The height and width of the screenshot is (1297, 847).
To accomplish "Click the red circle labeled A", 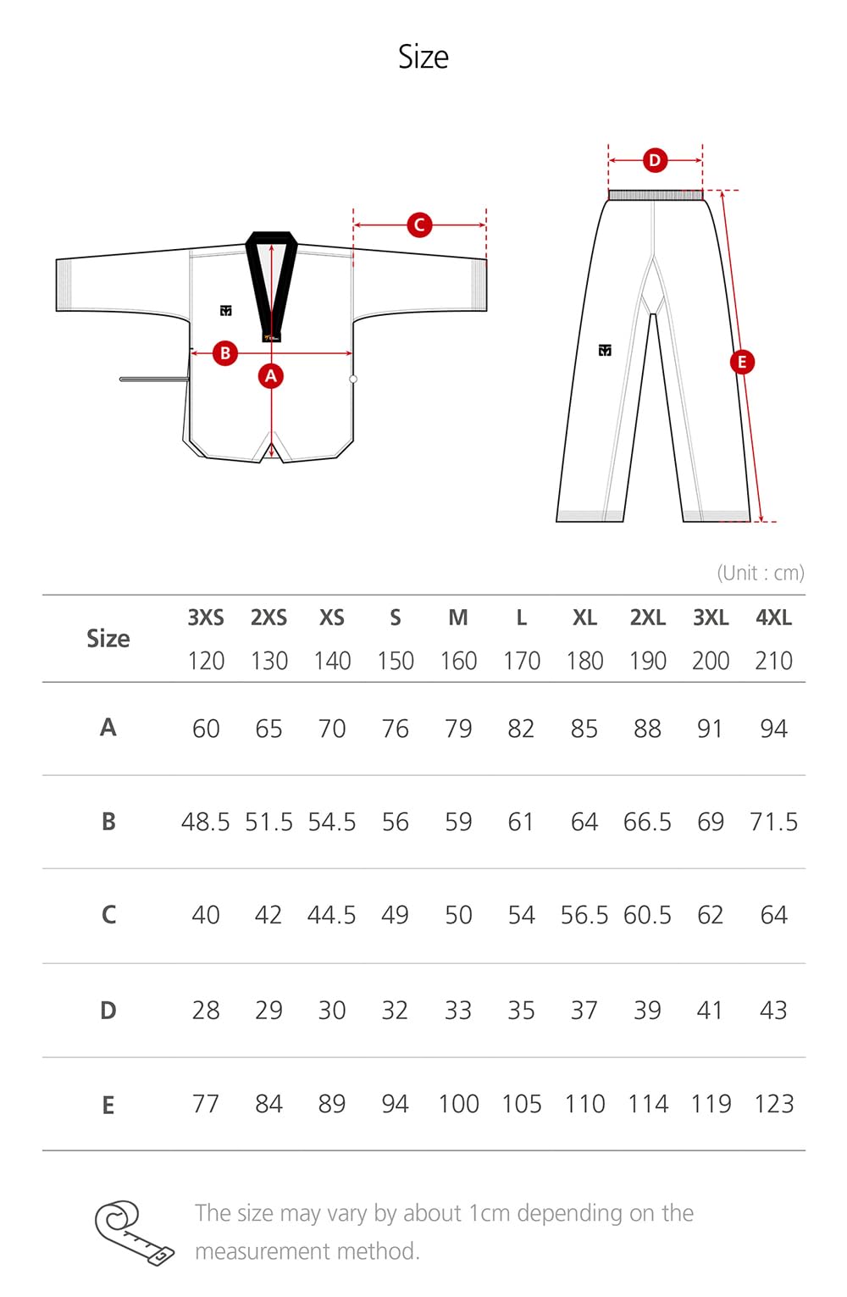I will (x=271, y=376).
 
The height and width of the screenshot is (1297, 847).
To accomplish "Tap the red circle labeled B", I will (x=225, y=353).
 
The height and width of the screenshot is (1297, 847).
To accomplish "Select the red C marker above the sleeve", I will (x=419, y=225).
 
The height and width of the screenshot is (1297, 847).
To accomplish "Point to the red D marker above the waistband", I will (x=655, y=160).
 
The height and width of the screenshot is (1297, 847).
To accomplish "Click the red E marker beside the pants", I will (x=742, y=363).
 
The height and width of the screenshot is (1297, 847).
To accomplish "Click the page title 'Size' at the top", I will (x=423, y=58).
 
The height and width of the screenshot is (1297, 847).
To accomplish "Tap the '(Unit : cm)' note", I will (x=761, y=573).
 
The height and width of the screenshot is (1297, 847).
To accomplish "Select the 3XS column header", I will (x=206, y=618).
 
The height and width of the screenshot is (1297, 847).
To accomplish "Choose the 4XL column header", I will (x=773, y=618).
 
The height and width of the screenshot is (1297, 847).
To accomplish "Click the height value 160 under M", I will (x=458, y=661).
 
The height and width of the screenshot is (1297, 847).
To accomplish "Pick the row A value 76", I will (x=395, y=729).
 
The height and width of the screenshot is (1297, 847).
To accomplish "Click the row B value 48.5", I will (x=206, y=822).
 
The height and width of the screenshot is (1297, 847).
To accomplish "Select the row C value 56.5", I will (x=584, y=915).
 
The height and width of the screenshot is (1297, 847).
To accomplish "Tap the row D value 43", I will (x=773, y=1010).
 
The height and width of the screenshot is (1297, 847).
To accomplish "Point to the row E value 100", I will (x=458, y=1104).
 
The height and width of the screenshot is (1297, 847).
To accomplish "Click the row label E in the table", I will (x=108, y=1106).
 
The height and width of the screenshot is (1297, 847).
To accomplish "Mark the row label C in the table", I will (x=108, y=915).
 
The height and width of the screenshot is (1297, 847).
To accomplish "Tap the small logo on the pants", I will (x=605, y=350).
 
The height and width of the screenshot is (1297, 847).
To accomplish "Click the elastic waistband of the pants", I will (x=656, y=196).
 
